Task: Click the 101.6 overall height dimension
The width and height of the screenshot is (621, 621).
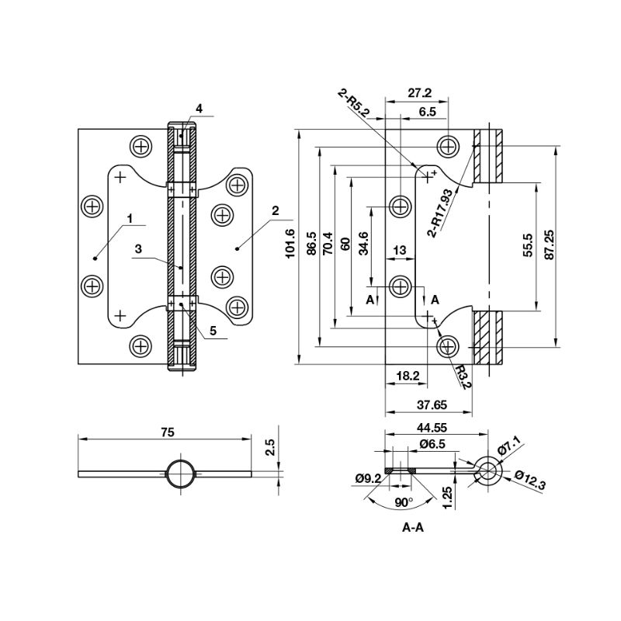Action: point(290,244)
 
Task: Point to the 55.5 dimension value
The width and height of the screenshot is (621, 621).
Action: point(528,245)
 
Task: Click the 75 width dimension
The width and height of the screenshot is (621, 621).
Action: point(166,431)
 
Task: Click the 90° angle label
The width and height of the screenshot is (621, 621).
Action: point(403,502)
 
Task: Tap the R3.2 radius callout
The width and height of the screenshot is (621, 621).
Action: point(463,377)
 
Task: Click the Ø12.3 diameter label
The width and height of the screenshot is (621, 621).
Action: point(530,480)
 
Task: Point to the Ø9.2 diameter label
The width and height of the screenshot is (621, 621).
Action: point(368,478)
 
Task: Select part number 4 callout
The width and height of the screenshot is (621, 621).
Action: point(199,109)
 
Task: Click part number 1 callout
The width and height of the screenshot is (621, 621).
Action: point(131,219)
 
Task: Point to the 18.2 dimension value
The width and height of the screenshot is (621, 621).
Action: point(407,376)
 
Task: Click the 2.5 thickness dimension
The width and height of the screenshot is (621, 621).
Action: point(269,448)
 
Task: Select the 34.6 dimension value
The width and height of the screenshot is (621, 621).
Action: point(363,244)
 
